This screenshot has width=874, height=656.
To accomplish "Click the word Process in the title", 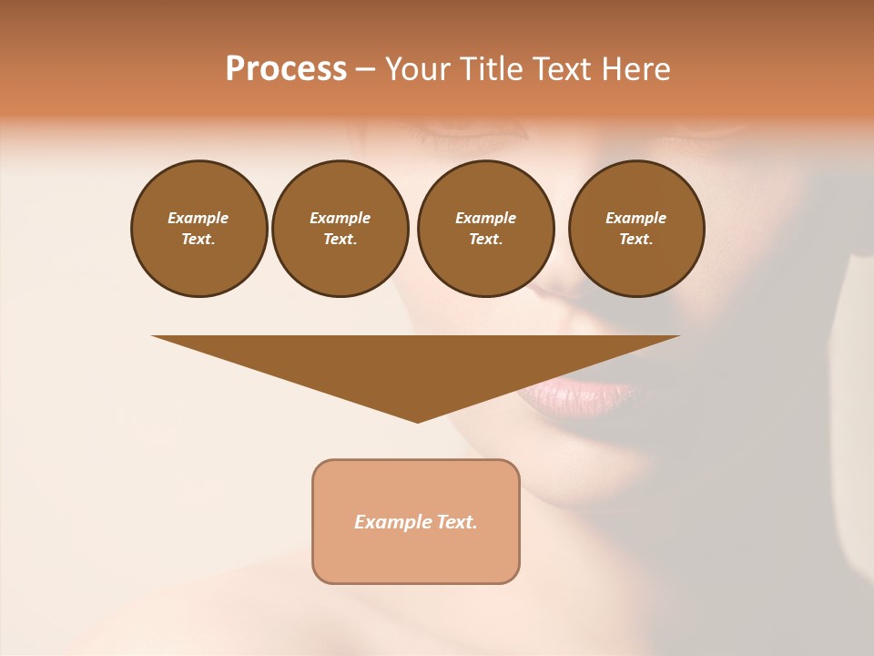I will (286, 69).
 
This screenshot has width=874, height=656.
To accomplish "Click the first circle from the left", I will (198, 229).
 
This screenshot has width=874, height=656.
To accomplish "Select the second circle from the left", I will (340, 229).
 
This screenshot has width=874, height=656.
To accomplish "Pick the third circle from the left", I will (485, 229).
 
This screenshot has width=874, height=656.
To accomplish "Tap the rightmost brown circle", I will (635, 229).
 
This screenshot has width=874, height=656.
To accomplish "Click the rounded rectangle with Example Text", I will (416, 521).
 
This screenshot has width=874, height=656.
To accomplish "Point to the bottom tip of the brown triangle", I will (417, 421).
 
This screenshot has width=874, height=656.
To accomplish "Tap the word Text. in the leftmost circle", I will (198, 240).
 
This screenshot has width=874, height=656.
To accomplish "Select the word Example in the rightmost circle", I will (635, 218).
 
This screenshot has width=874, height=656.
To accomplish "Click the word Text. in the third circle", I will (485, 240).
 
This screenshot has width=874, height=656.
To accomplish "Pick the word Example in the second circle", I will (340, 218).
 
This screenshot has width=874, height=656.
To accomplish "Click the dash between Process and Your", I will (366, 69).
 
